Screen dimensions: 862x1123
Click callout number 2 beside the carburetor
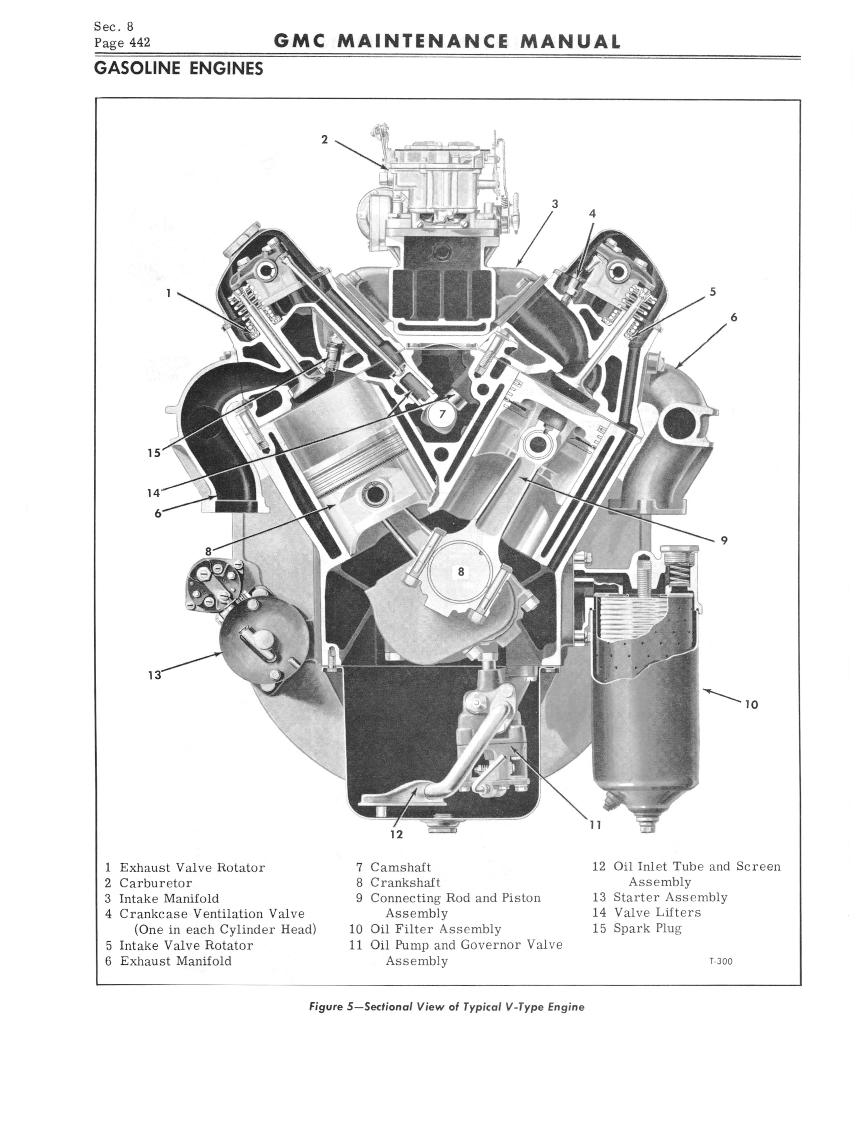coord(324,139)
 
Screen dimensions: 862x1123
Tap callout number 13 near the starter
coord(154,675)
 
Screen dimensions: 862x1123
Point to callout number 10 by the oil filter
coord(751,705)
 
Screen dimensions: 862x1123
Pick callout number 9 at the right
coord(724,540)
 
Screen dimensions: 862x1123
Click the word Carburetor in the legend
coord(155,883)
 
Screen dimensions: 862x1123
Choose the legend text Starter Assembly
coord(670,897)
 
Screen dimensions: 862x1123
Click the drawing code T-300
coord(721,961)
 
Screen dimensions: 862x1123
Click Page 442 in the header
coord(122,42)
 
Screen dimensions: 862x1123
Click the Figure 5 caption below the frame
coord(446,1006)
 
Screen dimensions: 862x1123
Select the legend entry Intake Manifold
coord(169,898)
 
